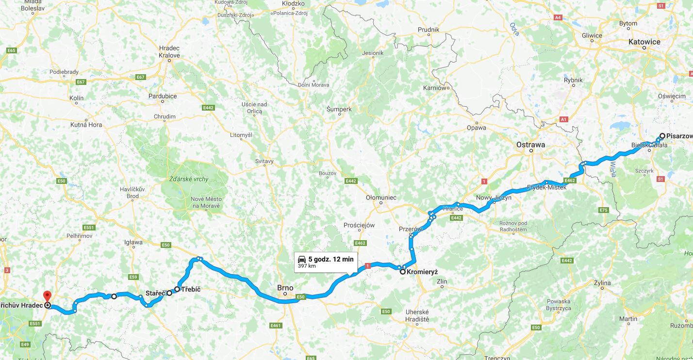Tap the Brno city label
pyautogui.click(x=285, y=288)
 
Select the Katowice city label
pyautogui.click(x=644, y=42)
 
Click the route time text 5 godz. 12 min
pyautogui.click(x=331, y=259)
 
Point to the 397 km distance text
pyautogui.click(x=306, y=266)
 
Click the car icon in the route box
pyautogui.click(x=301, y=259)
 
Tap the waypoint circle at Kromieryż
pyautogui.click(x=403, y=272)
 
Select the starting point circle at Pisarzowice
pyautogui.click(x=662, y=136)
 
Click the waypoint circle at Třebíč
pyautogui.click(x=177, y=289)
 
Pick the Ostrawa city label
pyautogui.click(x=530, y=145)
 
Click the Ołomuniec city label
pyautogui.click(x=381, y=197)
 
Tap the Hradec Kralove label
pyautogui.click(x=169, y=52)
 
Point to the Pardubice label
pyautogui.click(x=163, y=96)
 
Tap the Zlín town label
pyautogui.click(x=442, y=281)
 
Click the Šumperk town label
pyautogui.click(x=339, y=109)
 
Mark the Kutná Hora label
pyautogui.click(x=86, y=125)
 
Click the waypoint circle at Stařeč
pyautogui.click(x=169, y=293)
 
